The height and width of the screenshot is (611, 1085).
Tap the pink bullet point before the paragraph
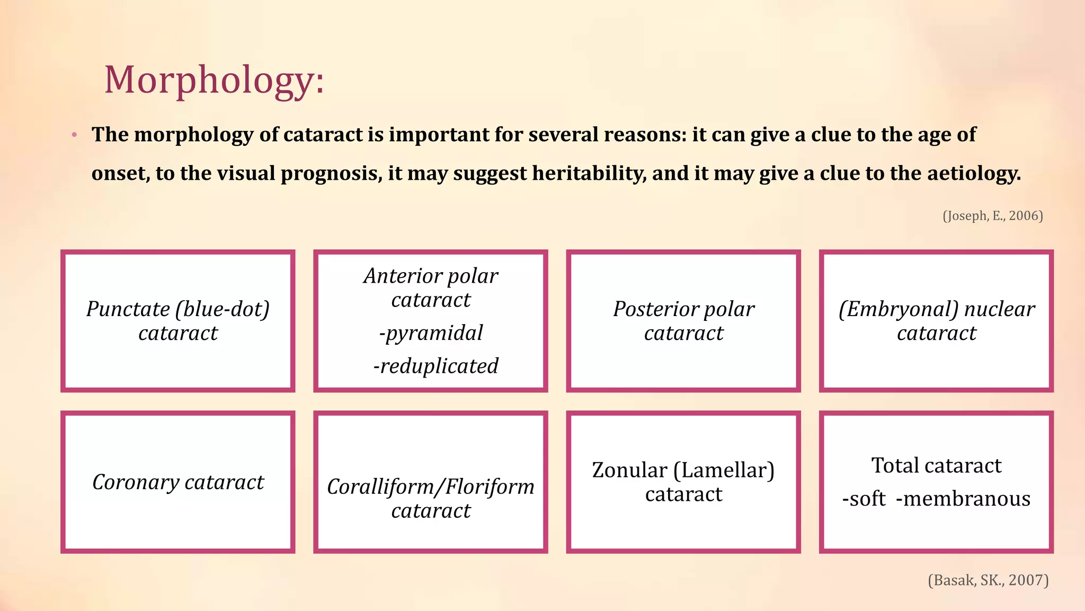click(x=74, y=135)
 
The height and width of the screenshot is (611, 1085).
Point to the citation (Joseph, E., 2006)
click(x=992, y=215)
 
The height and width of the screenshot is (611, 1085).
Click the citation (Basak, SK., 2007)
click(x=988, y=580)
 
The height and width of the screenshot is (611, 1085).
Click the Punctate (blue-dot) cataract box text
click(x=178, y=320)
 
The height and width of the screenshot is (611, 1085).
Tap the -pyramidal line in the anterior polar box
click(x=431, y=333)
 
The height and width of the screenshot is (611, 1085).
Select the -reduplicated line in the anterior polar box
click(x=435, y=366)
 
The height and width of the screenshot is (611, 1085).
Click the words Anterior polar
click(x=431, y=276)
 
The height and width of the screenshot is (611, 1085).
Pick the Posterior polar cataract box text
click(x=683, y=320)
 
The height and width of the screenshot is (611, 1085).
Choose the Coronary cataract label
click(x=178, y=482)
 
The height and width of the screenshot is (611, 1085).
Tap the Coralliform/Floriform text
click(x=431, y=486)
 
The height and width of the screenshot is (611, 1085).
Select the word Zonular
click(x=629, y=470)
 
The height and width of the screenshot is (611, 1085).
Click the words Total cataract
click(x=936, y=465)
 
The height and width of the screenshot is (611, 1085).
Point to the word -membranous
click(x=963, y=499)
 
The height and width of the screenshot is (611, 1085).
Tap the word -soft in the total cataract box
click(x=864, y=499)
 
